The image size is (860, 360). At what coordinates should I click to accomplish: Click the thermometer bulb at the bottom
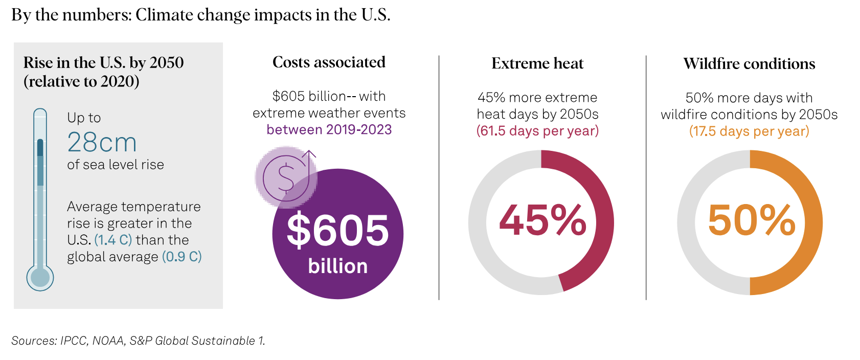(x=40, y=278)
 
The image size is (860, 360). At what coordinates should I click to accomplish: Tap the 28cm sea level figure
(x=102, y=142)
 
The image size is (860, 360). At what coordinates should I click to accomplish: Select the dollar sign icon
(x=285, y=176)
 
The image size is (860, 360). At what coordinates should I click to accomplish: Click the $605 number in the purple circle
(x=337, y=230)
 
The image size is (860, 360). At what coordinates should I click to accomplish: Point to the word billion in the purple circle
(x=337, y=266)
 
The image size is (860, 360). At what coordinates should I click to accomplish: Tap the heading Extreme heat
(x=537, y=63)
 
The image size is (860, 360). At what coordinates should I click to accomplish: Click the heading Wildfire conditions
(x=749, y=64)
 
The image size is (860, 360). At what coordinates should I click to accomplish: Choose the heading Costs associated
(x=329, y=62)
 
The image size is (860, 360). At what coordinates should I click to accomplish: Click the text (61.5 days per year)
(x=537, y=131)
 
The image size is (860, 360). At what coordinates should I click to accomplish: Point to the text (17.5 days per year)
(x=749, y=131)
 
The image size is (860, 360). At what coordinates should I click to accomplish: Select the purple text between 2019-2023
(x=329, y=129)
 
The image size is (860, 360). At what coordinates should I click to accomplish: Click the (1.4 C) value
(x=113, y=240)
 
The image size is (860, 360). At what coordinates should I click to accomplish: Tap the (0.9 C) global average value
(x=182, y=257)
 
